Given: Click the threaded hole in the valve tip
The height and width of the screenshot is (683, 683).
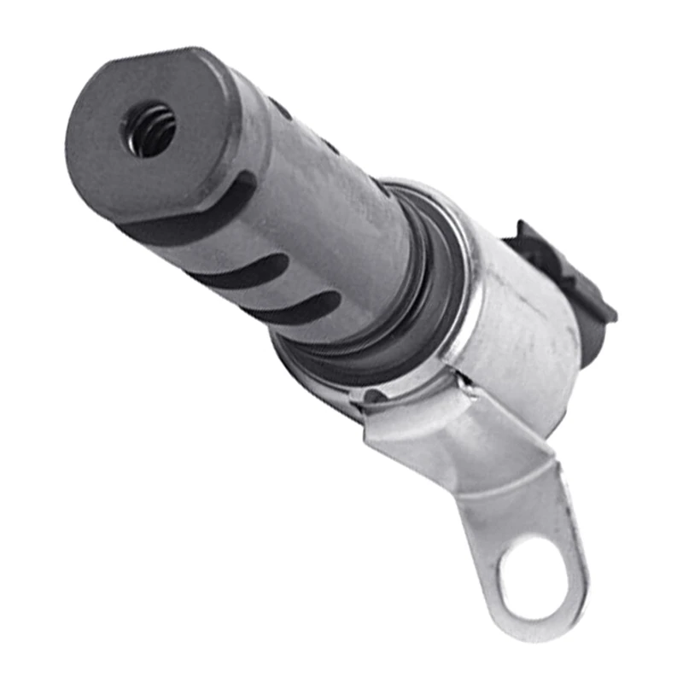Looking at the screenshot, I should pyautogui.click(x=153, y=130).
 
